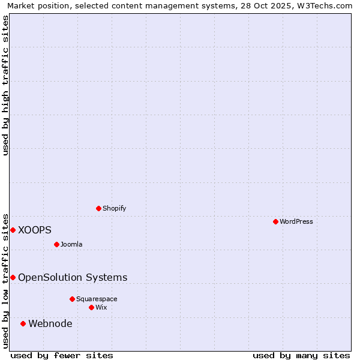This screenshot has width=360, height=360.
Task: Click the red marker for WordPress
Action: coord(275,221)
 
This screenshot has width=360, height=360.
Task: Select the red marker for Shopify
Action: coord(99,208)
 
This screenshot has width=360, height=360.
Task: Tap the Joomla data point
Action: coord(57,244)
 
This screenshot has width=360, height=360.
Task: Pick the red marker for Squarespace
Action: coord(73,299)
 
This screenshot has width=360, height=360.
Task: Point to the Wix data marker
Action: coord(92,307)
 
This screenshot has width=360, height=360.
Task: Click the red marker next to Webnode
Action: coord(23,323)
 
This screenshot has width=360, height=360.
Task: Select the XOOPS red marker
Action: coord(13,230)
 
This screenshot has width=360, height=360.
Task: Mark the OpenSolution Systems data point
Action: coord(13,277)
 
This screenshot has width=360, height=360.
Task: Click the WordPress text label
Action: coord(296,221)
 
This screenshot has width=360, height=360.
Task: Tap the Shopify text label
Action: coord(114,208)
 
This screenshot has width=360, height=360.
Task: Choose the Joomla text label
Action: coord(71,244)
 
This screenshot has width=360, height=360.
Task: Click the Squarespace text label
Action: coord(97,299)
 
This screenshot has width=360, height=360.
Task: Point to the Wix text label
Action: coord(101,307)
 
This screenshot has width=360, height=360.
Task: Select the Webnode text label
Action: coord(50,324)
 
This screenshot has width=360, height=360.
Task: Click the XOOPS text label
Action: coord(35,230)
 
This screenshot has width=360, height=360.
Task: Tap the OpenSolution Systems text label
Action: coord(73,277)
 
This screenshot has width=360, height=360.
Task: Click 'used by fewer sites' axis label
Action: coord(62,355)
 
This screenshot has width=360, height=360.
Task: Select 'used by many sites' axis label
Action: coord(301,355)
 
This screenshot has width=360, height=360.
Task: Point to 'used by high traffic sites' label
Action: coord(5,85)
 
